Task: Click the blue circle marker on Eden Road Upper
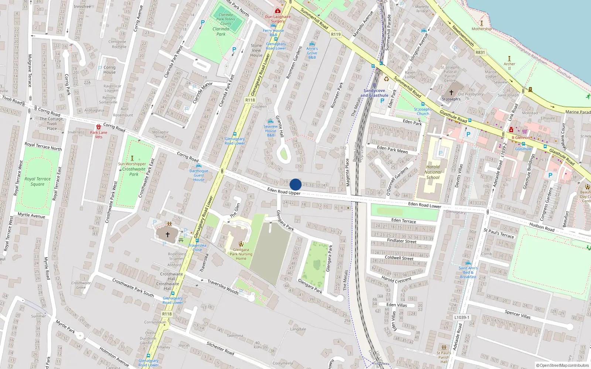pos(295,184)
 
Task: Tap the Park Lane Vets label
pos(99,135)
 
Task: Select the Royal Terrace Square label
pos(38,181)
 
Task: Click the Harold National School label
pos(433,172)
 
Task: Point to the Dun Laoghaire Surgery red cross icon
pos(278,11)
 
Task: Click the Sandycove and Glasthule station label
pos(374,93)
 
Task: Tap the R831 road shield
pos(480,52)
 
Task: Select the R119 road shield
pos(336,34)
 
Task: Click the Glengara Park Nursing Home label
pos(241,254)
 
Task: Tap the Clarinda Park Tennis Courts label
pos(226,19)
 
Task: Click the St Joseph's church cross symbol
pos(451,92)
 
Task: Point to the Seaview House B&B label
pos(271,131)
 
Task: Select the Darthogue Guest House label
pos(199,175)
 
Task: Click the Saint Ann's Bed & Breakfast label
pos(468,272)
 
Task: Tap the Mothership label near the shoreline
pos(482,29)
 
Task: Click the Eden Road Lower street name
pos(424,205)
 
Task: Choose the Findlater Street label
pos(402,241)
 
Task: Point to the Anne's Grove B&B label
pos(312,53)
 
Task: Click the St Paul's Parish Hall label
pos(444,357)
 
